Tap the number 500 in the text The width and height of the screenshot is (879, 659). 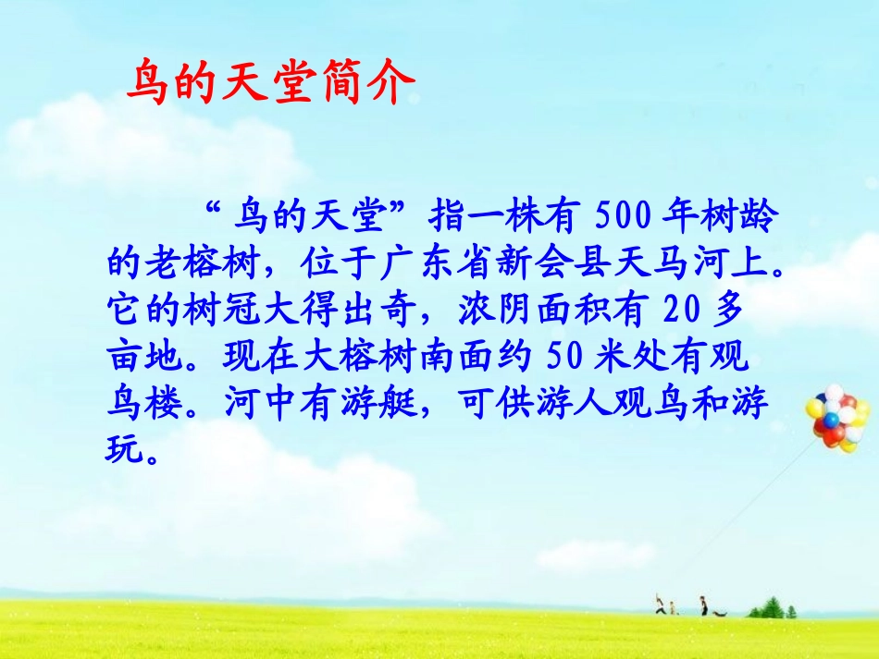625,220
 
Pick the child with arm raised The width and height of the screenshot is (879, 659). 659,605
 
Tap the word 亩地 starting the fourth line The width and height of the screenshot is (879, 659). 139,354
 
